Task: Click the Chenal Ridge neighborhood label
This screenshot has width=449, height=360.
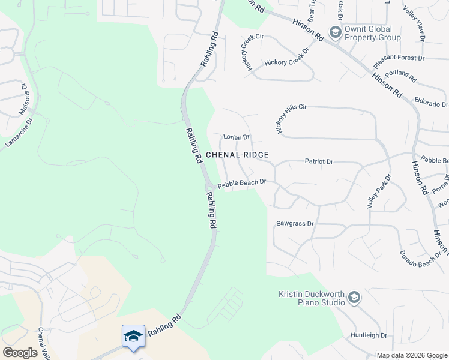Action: pyautogui.click(x=237, y=155)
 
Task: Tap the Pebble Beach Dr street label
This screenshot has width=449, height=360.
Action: pyautogui.click(x=241, y=184)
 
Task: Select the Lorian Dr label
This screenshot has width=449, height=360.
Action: pyautogui.click(x=236, y=137)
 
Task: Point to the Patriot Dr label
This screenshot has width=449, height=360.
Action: pyautogui.click(x=319, y=161)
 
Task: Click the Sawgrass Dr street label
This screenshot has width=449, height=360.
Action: pyautogui.click(x=295, y=223)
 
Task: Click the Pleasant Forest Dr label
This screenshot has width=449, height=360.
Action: pyautogui.click(x=399, y=59)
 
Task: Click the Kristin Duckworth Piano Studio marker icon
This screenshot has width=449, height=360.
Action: pyautogui.click(x=354, y=298)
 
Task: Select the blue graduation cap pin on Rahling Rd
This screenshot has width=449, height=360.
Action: pyautogui.click(x=133, y=335)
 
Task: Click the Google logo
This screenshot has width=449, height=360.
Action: pyautogui.click(x=20, y=353)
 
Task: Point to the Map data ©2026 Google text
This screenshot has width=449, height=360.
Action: pyautogui.click(x=412, y=355)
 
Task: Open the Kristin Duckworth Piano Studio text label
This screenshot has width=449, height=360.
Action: pyautogui.click(x=312, y=298)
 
